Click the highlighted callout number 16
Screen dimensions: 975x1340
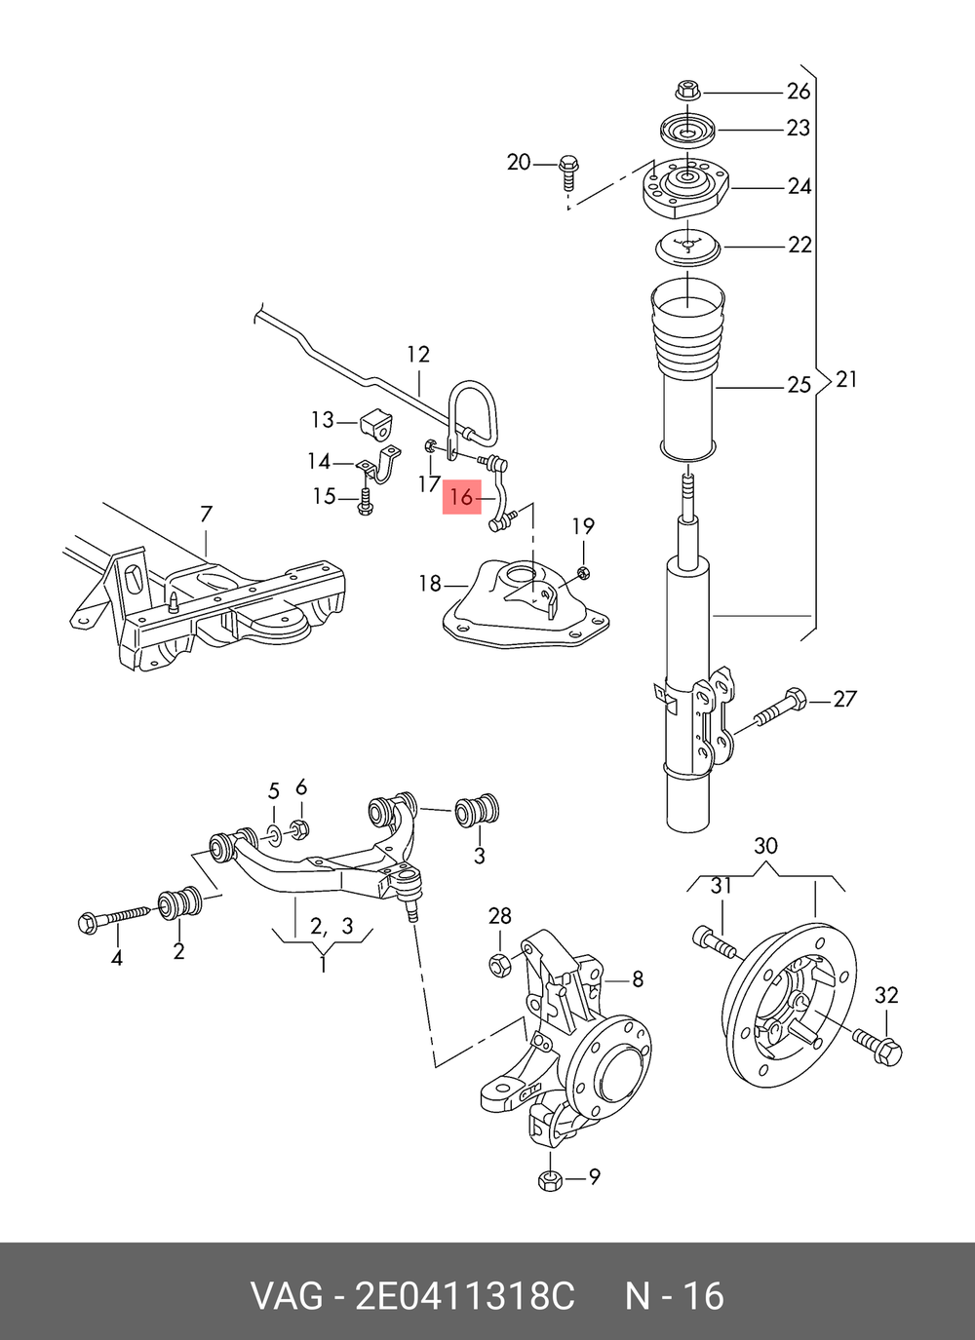click(x=461, y=496)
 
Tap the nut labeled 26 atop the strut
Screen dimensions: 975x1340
click(x=688, y=92)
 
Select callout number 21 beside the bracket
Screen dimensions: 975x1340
click(x=845, y=379)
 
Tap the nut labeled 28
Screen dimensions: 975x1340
click(x=500, y=965)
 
